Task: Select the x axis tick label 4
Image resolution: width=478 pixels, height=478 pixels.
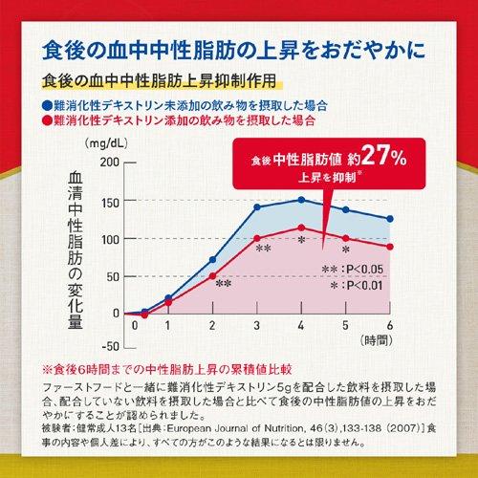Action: tap(301, 326)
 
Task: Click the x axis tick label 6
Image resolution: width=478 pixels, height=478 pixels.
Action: tap(390, 326)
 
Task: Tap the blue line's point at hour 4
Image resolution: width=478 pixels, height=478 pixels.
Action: tap(301, 200)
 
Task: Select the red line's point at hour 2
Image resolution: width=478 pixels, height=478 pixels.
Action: tap(212, 275)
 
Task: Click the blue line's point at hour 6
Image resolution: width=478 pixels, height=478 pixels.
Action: tap(390, 219)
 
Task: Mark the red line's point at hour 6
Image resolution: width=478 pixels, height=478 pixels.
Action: tap(390, 247)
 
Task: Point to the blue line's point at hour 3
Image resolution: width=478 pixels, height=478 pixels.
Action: tap(257, 206)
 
